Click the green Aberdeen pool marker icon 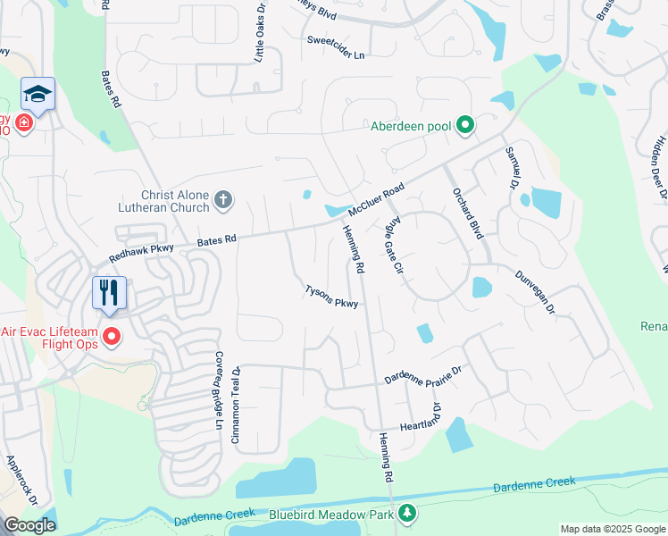pyautogui.click(x=464, y=126)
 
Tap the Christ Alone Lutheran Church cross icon pyautogui.click(x=224, y=201)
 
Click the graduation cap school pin pyautogui.click(x=38, y=94)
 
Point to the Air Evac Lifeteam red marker pyautogui.click(x=113, y=338)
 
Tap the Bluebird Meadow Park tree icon pyautogui.click(x=407, y=514)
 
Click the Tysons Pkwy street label pyautogui.click(x=331, y=297)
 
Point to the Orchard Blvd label pyautogui.click(x=467, y=214)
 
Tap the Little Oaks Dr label pyautogui.click(x=259, y=37)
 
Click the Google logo pyautogui.click(x=29, y=525)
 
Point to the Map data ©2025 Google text pyautogui.click(x=613, y=529)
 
